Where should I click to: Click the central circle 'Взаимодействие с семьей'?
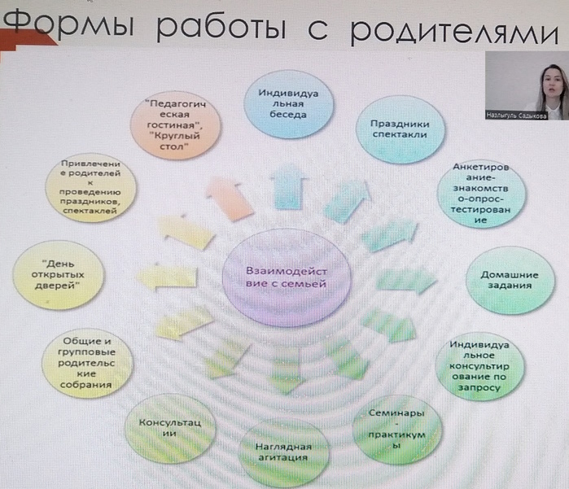point(287,277)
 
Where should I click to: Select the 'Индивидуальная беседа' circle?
point(288,104)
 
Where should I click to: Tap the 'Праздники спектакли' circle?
point(400,129)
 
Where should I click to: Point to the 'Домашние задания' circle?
point(510,280)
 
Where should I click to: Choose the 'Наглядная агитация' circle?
point(283,452)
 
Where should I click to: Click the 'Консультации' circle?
point(170,429)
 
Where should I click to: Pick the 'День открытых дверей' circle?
point(58,275)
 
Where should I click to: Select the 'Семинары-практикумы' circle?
point(397,429)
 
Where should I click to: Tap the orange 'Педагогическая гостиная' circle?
point(175,125)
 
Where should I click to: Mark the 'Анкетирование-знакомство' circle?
point(481,194)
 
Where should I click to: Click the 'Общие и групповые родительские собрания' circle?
point(87,363)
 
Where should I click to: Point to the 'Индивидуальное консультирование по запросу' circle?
point(479,366)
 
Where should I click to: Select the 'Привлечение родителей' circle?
point(90,188)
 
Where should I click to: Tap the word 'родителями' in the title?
point(454,30)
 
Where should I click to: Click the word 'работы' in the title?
point(221,26)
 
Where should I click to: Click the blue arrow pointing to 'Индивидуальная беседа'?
point(289,186)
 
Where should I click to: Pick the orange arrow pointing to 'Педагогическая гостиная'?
point(229,198)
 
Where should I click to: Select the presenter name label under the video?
point(516,116)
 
